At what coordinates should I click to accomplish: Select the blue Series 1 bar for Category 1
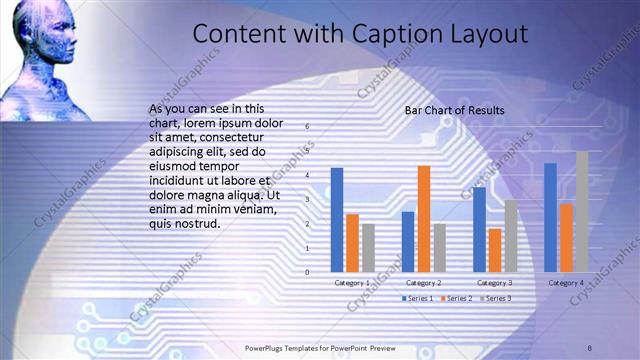click(x=337, y=219)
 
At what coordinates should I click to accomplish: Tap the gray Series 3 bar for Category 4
click(x=582, y=211)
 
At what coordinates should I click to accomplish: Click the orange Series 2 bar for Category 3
click(x=495, y=250)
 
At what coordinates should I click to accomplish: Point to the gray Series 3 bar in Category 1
click(x=368, y=247)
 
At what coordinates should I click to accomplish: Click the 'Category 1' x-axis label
click(x=352, y=283)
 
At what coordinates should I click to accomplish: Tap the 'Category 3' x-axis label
click(x=495, y=283)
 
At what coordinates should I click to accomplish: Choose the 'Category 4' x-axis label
click(x=567, y=283)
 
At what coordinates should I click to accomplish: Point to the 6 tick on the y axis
click(x=308, y=126)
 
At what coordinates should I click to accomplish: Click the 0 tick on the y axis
click(x=308, y=272)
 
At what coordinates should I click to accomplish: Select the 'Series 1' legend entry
click(x=421, y=298)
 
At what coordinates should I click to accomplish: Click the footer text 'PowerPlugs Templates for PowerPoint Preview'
click(x=320, y=347)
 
